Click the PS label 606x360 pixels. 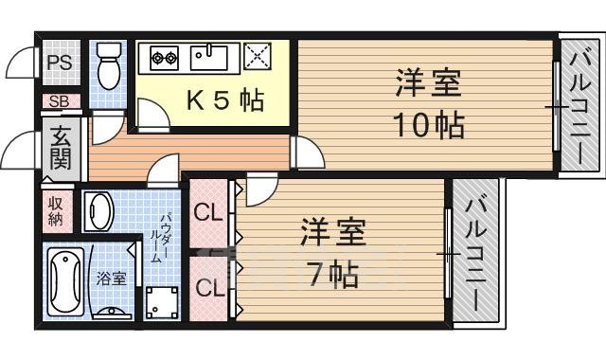coord(58,63)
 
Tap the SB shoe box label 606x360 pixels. coord(57,101)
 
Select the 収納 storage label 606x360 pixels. coord(55,210)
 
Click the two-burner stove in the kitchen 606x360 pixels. coord(163,58)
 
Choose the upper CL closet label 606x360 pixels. coord(208,214)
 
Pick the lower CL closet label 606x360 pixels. coord(208,285)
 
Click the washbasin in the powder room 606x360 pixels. coord(98,211)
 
